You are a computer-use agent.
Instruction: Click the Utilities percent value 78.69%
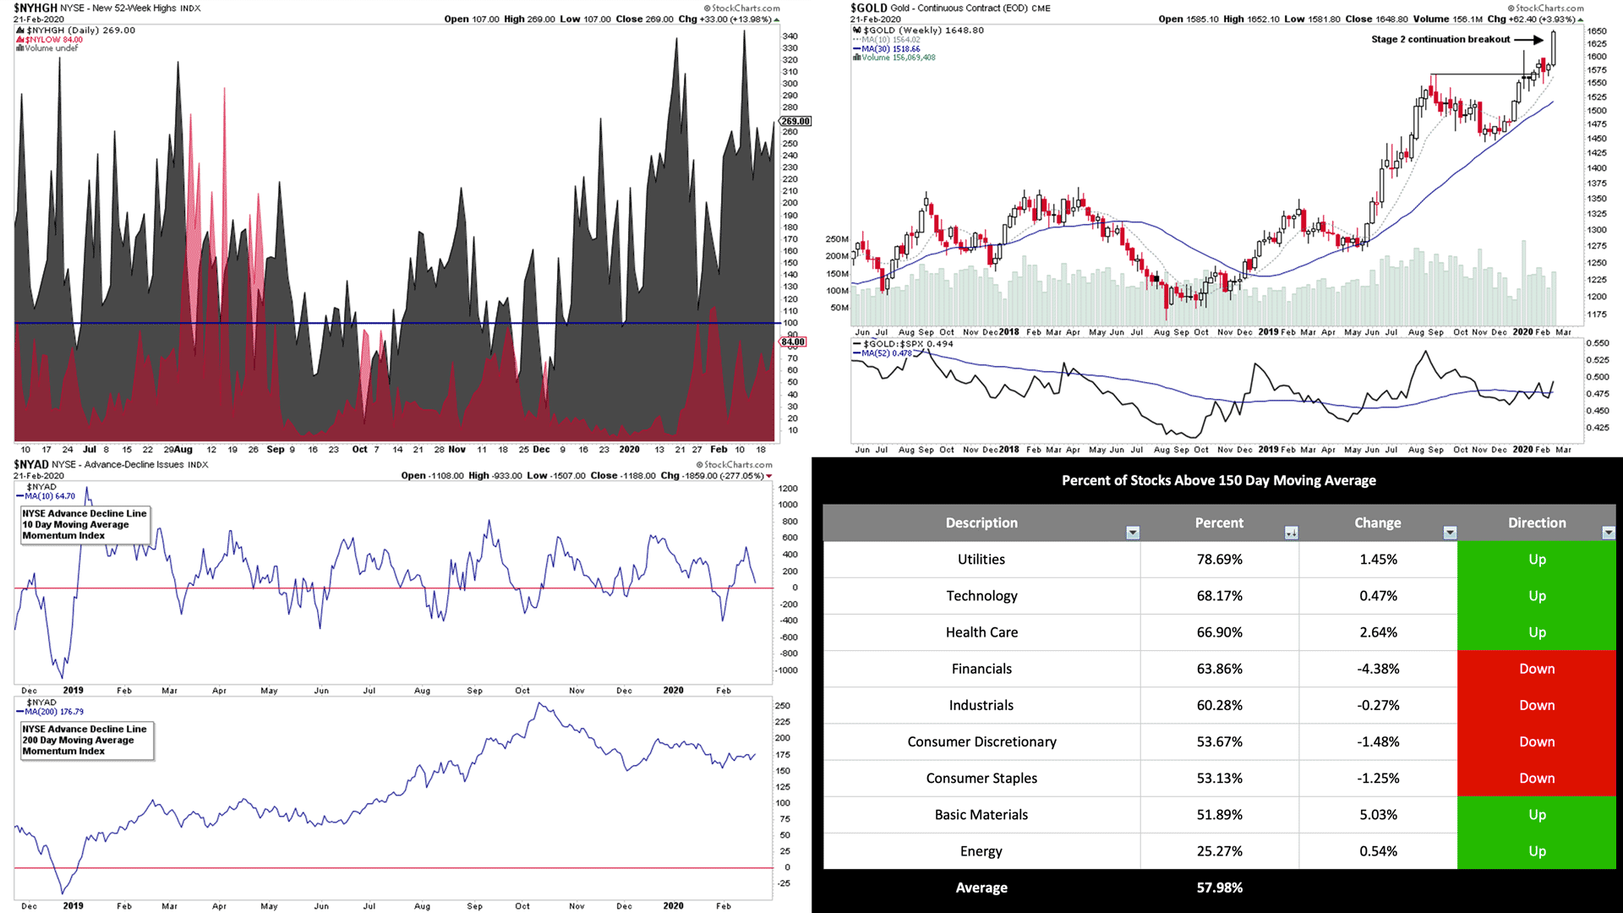tap(1219, 560)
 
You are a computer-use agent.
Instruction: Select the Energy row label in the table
tap(981, 851)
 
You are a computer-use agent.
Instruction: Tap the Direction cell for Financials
tap(1536, 669)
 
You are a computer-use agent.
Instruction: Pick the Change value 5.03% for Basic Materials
tap(1378, 815)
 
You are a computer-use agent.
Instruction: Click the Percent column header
tap(1218, 523)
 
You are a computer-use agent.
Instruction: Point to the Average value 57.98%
tap(1219, 888)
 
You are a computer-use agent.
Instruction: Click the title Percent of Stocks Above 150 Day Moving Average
tap(1218, 480)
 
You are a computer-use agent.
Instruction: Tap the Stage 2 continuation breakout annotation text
tap(1440, 40)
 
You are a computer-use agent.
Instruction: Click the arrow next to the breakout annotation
tap(1528, 40)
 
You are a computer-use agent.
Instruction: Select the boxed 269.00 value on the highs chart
tap(795, 122)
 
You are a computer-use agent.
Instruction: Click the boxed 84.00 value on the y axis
tap(792, 342)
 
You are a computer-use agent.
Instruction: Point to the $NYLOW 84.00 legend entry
tap(54, 40)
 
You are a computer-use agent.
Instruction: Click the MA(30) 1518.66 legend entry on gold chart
tap(890, 49)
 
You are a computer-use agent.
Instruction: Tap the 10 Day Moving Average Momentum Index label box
tap(85, 525)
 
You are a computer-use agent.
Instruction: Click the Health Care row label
tap(981, 632)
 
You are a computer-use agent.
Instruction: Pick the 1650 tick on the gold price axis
tap(1596, 31)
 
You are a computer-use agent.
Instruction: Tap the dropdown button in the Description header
tap(1133, 533)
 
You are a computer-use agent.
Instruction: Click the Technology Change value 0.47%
tap(1378, 596)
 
